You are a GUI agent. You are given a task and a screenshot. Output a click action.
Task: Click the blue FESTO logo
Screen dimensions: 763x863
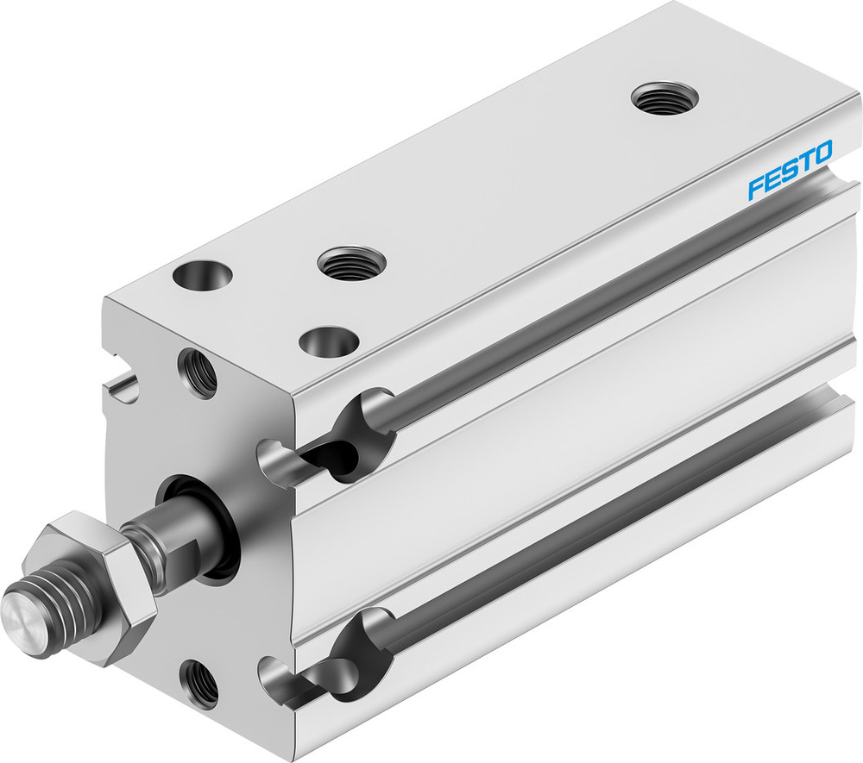tap(790, 170)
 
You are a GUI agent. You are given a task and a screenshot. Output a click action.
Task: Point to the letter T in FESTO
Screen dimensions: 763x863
tap(804, 163)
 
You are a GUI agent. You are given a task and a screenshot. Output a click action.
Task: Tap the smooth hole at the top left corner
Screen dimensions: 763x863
tap(203, 276)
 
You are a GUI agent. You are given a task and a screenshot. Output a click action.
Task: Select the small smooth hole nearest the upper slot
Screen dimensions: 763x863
tap(329, 341)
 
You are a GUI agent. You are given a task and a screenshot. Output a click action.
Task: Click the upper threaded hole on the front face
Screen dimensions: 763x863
tap(198, 372)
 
